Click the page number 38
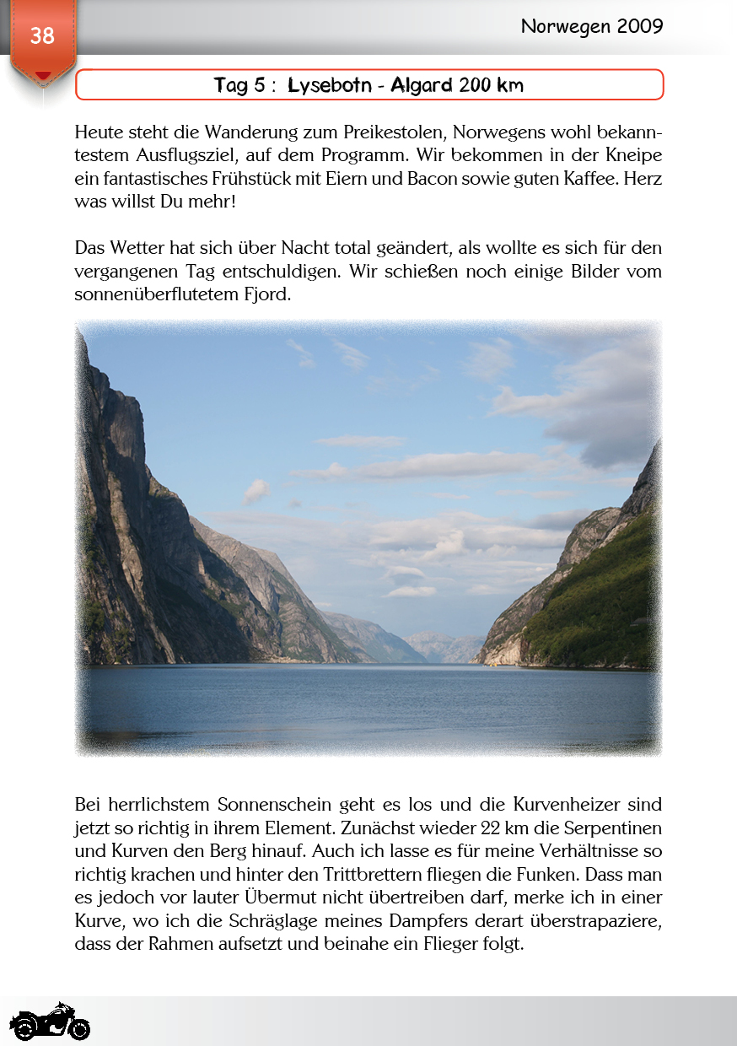coord(42,35)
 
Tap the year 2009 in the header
coord(639,26)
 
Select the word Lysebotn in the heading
coord(334,85)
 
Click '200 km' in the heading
coord(491,85)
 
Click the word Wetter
coord(138,249)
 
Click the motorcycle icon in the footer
coord(50,1022)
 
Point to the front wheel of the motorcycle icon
coord(79,1030)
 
